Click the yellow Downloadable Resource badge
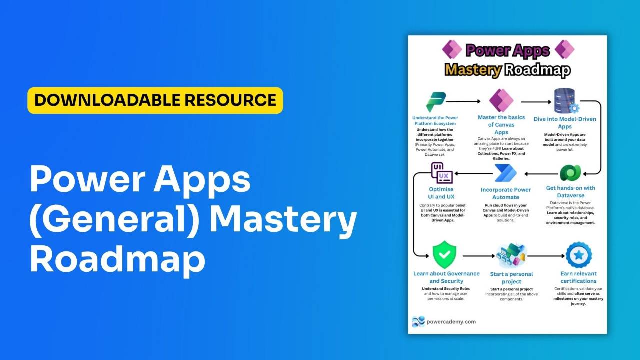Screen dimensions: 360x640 (x=155, y=100)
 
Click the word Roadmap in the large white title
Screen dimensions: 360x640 (x=118, y=258)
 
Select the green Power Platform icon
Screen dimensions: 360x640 (x=436, y=102)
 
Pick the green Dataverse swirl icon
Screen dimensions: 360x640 (x=569, y=173)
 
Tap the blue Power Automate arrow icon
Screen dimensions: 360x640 (x=505, y=173)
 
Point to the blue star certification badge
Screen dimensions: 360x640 (x=579, y=255)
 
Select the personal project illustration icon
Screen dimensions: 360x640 (x=511, y=255)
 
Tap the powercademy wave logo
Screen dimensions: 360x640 (x=418, y=322)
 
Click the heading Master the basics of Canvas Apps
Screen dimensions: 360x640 (x=501, y=125)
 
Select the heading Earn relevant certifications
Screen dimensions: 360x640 (x=578, y=277)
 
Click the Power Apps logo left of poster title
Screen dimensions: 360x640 (x=452, y=50)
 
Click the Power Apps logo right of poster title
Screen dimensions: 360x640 (x=564, y=50)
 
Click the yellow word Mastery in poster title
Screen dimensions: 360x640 (x=472, y=70)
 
